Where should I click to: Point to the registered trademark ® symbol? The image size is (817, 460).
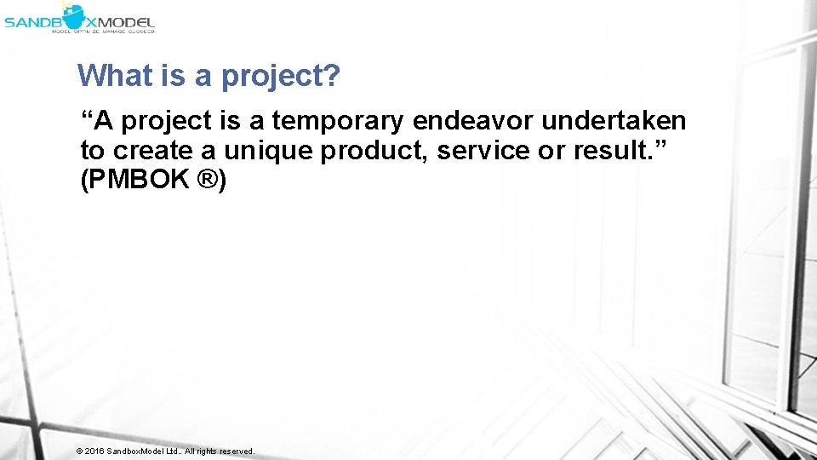208,181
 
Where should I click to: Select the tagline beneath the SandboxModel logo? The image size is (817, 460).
103,32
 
